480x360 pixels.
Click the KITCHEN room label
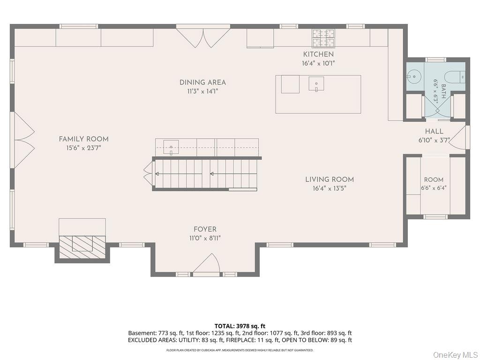pos(318,54)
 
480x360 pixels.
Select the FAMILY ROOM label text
pos(83,139)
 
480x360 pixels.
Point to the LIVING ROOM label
pos(330,180)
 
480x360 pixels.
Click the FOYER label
pos(205,229)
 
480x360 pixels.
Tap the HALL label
pos(434,131)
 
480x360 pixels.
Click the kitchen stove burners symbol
pos(323,38)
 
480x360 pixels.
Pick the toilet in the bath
pos(456,76)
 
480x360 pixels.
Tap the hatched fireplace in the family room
pos(82,244)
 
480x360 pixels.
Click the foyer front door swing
pos(206,263)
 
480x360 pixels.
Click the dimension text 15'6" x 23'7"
pos(83,148)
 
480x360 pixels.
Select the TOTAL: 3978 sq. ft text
pos(240,326)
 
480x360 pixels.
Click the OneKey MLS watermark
pos(455,355)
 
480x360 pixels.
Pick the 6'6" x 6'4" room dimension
pos(434,187)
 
